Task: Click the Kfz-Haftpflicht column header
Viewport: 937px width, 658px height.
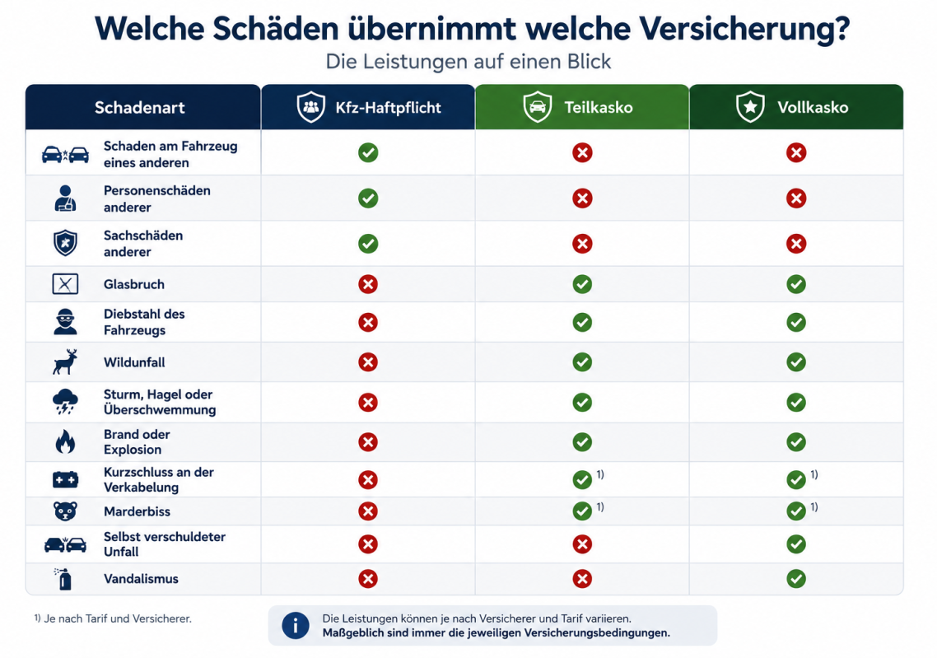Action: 368,107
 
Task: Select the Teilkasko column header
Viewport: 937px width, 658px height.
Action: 582,107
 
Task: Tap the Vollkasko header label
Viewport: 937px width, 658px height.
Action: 813,108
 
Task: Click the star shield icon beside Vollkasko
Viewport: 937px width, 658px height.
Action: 750,107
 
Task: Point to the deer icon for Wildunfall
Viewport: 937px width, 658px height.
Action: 65,362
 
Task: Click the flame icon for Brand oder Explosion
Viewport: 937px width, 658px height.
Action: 65,441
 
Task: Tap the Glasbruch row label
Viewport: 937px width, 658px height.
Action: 134,284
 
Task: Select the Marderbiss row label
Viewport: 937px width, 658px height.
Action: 137,511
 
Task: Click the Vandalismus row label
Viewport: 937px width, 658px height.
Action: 141,578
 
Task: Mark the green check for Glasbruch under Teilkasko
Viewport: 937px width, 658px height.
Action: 582,284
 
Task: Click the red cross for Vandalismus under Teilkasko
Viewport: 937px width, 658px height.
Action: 582,578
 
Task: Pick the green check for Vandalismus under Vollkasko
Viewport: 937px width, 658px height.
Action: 796,578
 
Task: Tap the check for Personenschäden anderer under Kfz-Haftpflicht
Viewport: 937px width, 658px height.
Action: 368,198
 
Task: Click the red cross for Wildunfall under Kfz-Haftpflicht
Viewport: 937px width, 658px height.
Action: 368,362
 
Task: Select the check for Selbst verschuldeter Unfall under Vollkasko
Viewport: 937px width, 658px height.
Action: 796,544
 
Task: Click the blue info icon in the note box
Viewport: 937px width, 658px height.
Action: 296,626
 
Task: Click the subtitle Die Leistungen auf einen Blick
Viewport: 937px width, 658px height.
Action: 468,62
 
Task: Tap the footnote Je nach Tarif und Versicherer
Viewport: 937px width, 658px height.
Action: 118,618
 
